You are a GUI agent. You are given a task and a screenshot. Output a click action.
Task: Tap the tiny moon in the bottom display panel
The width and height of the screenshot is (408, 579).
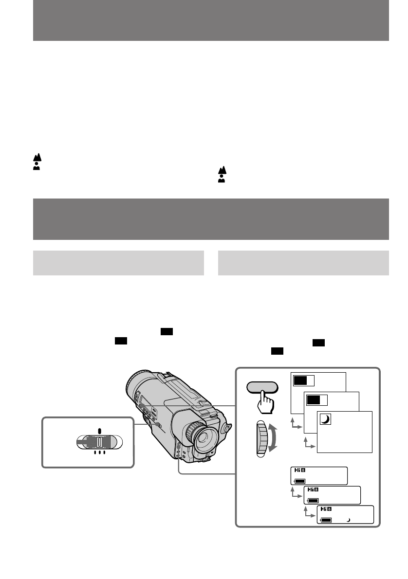348,520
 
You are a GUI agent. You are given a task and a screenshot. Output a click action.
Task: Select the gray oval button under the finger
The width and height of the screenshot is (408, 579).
262,387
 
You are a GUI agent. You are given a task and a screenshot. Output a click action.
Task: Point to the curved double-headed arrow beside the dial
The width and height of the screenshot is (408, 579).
274,438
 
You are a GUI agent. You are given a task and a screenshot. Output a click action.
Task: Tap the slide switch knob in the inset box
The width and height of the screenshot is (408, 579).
99,442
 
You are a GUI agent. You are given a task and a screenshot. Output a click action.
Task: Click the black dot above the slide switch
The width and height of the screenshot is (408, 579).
99,430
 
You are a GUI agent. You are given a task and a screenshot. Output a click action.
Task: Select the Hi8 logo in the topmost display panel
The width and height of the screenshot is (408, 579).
300,471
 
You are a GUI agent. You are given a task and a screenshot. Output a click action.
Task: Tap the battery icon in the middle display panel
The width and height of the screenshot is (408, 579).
312,500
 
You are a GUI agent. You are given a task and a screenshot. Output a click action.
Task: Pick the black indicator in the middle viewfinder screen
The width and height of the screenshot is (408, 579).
313,400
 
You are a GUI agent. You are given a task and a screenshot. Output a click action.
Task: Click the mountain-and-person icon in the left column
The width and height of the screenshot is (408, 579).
37,161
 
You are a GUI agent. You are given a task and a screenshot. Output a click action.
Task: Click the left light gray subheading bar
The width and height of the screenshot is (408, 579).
118,263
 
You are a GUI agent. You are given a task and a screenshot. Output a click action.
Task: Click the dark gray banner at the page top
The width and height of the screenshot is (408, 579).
211,20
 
